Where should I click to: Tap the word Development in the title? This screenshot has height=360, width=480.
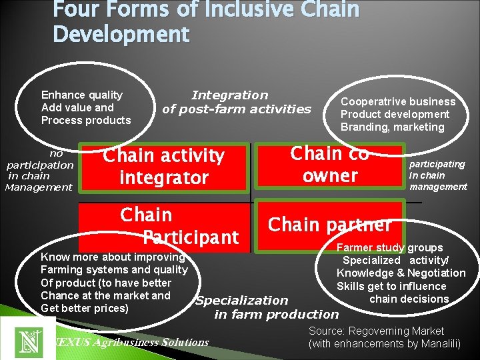point(121,34)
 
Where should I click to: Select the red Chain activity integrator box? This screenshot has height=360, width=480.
point(163,166)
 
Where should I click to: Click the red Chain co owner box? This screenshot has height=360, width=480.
point(330,165)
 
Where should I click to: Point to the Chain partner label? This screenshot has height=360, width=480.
point(329,225)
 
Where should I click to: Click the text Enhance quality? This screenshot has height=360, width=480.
point(82,95)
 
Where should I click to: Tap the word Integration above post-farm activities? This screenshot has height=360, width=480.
point(229,95)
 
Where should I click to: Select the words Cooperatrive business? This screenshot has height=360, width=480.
point(398,101)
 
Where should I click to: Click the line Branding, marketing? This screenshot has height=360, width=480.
point(392,127)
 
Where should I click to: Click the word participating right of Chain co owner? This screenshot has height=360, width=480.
point(437,164)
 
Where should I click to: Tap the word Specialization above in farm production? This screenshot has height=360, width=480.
point(241,301)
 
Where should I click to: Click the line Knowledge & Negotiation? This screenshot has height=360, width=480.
point(401,273)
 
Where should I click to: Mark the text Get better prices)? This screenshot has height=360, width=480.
point(84,308)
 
